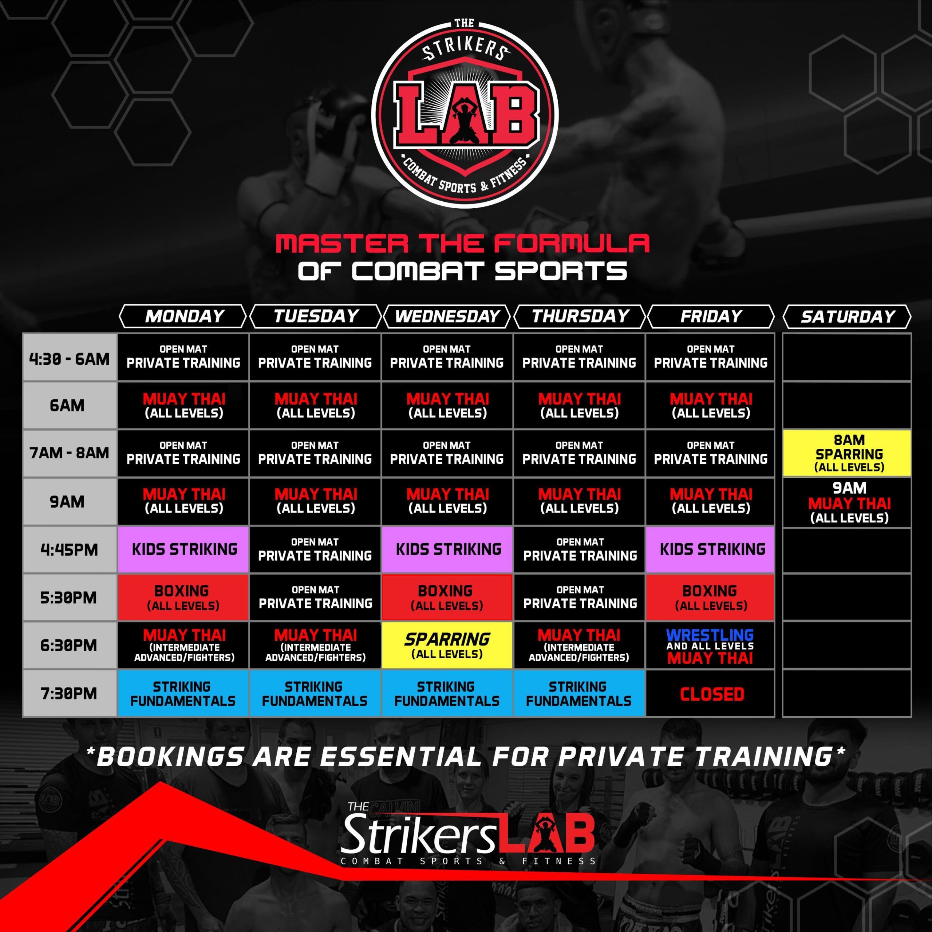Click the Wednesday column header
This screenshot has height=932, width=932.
(447, 316)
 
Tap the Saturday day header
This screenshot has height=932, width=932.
(848, 316)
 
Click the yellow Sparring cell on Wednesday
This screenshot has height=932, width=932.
(447, 645)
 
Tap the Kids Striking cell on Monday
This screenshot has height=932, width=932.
(184, 549)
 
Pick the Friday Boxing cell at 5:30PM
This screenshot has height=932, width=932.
(710, 597)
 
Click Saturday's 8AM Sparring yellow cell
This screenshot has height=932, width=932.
(848, 453)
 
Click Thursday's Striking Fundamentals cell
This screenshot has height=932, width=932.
(579, 694)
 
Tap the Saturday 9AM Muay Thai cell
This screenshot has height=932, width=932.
(848, 502)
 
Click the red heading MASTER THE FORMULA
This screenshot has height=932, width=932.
(462, 244)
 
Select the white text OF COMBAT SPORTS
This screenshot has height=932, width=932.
(462, 271)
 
